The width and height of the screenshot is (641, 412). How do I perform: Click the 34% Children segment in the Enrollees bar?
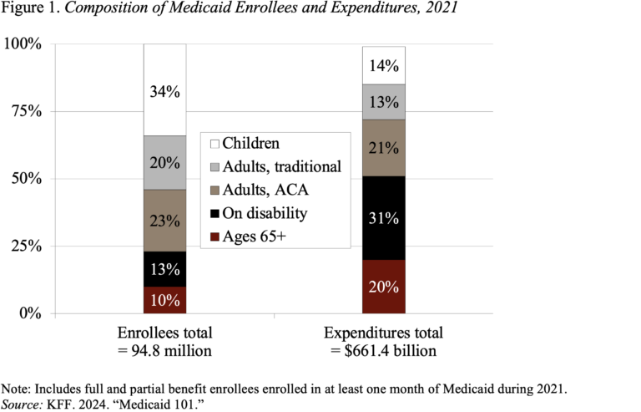pos(164,90)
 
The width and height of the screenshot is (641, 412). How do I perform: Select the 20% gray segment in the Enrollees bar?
pos(164,162)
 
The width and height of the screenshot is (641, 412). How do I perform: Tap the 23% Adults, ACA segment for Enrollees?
pos(164,221)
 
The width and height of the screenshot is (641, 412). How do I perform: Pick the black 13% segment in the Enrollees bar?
pos(164,269)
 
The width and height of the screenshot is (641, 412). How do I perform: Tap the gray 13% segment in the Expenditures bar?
pos(383,102)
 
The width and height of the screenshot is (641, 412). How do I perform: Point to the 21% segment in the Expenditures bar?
pos(383,148)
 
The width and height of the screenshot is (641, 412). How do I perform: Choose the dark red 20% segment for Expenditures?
pos(383,287)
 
